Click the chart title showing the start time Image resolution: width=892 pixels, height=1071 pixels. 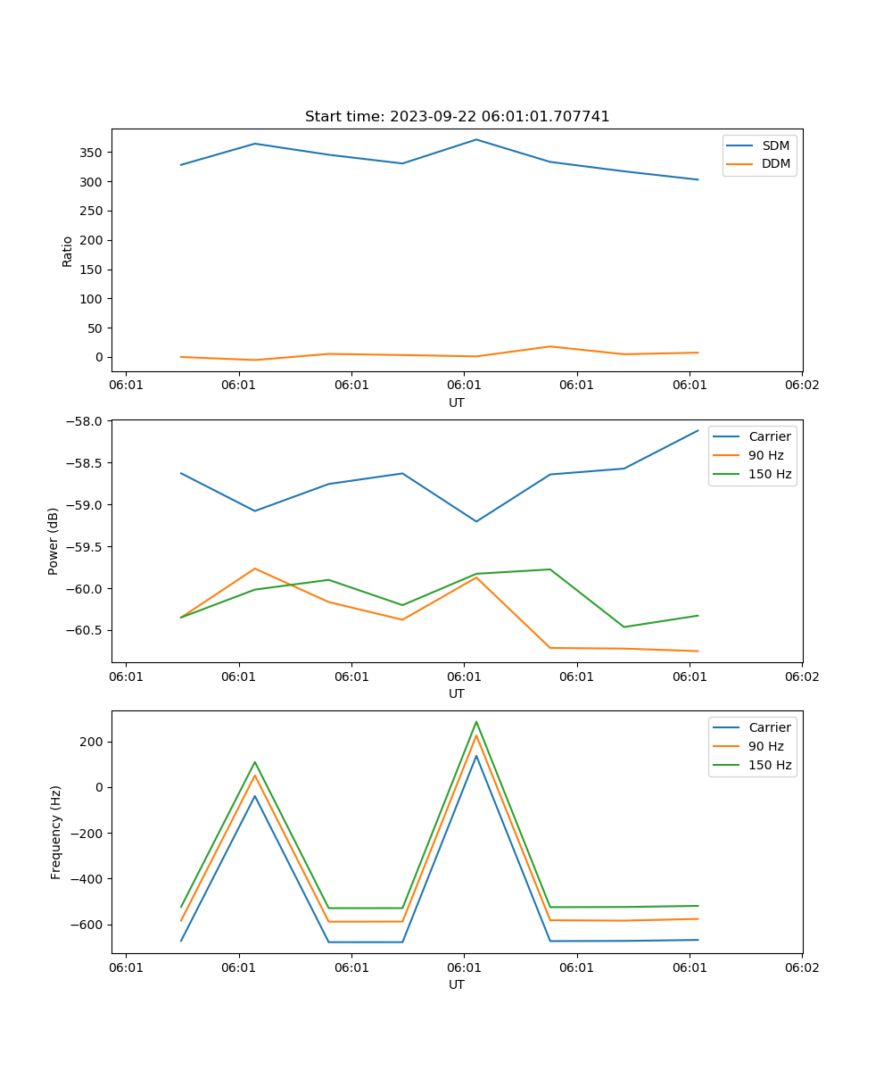pyautogui.click(x=457, y=117)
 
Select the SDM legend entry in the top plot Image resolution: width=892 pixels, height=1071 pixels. pyautogui.click(x=775, y=145)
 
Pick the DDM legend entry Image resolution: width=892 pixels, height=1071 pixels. pyautogui.click(x=775, y=163)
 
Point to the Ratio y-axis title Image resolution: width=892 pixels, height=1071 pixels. pyautogui.click(x=68, y=251)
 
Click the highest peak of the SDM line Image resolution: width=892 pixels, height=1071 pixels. pyautogui.click(x=476, y=139)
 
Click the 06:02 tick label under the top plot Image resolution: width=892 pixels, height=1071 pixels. pyautogui.click(x=801, y=385)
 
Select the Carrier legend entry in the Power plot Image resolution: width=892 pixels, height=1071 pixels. pyautogui.click(x=769, y=436)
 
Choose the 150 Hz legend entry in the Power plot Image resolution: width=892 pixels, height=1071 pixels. pyautogui.click(x=769, y=474)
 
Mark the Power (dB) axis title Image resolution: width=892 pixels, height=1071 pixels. pyautogui.click(x=54, y=541)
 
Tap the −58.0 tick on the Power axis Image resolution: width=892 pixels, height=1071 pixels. pyautogui.click(x=87, y=421)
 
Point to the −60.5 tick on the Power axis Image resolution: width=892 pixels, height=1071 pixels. pyautogui.click(x=87, y=630)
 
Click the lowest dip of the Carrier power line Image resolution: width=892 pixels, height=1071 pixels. pyautogui.click(x=476, y=521)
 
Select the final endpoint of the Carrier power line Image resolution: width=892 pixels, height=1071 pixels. pyautogui.click(x=698, y=430)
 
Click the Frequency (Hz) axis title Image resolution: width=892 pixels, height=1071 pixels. pyautogui.click(x=56, y=832)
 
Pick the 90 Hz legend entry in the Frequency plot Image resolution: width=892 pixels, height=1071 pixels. pyautogui.click(x=765, y=746)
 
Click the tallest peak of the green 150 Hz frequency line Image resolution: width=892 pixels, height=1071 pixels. pyautogui.click(x=476, y=721)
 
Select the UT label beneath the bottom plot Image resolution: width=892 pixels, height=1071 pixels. pyautogui.click(x=457, y=984)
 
